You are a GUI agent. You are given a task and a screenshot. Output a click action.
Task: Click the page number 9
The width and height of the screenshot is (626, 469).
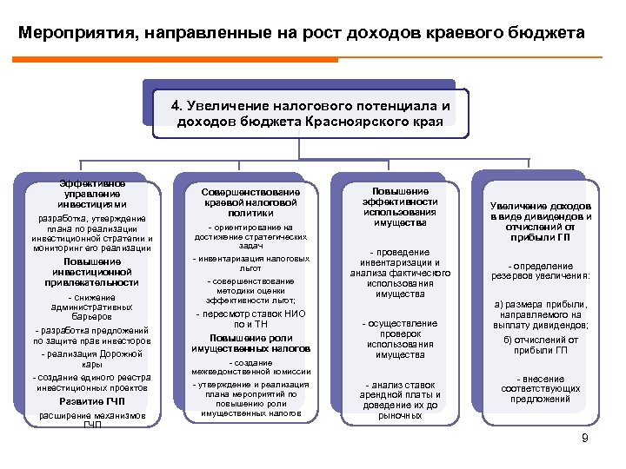(585, 438)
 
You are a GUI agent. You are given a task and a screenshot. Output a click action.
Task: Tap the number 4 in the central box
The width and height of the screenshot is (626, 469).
(176, 106)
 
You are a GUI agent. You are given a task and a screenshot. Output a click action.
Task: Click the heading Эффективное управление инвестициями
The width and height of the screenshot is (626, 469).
(91, 194)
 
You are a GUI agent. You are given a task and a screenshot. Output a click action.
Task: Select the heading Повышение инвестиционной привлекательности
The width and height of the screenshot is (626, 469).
(92, 272)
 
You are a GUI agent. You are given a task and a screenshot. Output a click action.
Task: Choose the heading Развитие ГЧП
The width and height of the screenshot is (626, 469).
(92, 401)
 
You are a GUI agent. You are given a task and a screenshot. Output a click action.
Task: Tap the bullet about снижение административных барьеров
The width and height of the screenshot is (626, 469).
(92, 307)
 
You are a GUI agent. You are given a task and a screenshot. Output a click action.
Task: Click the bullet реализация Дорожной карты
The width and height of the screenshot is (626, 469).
(92, 359)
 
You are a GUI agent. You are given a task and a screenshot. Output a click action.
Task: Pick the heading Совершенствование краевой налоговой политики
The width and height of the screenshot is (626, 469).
(251, 201)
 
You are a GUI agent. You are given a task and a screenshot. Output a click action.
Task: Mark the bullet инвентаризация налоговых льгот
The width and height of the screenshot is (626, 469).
(251, 263)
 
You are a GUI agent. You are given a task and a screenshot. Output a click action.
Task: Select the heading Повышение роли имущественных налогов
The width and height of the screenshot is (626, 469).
(251, 343)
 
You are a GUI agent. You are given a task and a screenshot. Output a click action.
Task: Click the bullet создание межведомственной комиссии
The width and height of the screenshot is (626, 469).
(251, 367)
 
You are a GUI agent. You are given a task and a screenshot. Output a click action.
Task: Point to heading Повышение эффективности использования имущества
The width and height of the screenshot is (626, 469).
(400, 207)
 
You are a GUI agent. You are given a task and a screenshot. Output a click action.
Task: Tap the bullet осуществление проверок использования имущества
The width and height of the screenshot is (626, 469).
(400, 339)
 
